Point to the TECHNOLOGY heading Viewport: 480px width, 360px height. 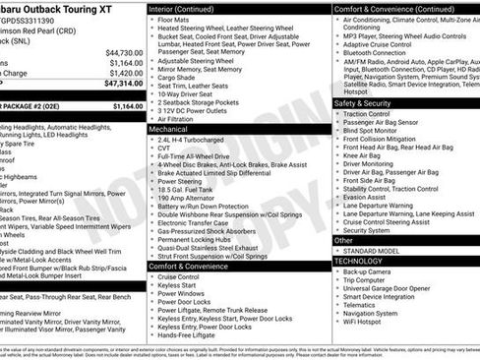(359, 261)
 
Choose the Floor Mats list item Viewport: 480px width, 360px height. (176, 19)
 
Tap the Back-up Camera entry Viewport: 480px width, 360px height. (371, 271)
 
